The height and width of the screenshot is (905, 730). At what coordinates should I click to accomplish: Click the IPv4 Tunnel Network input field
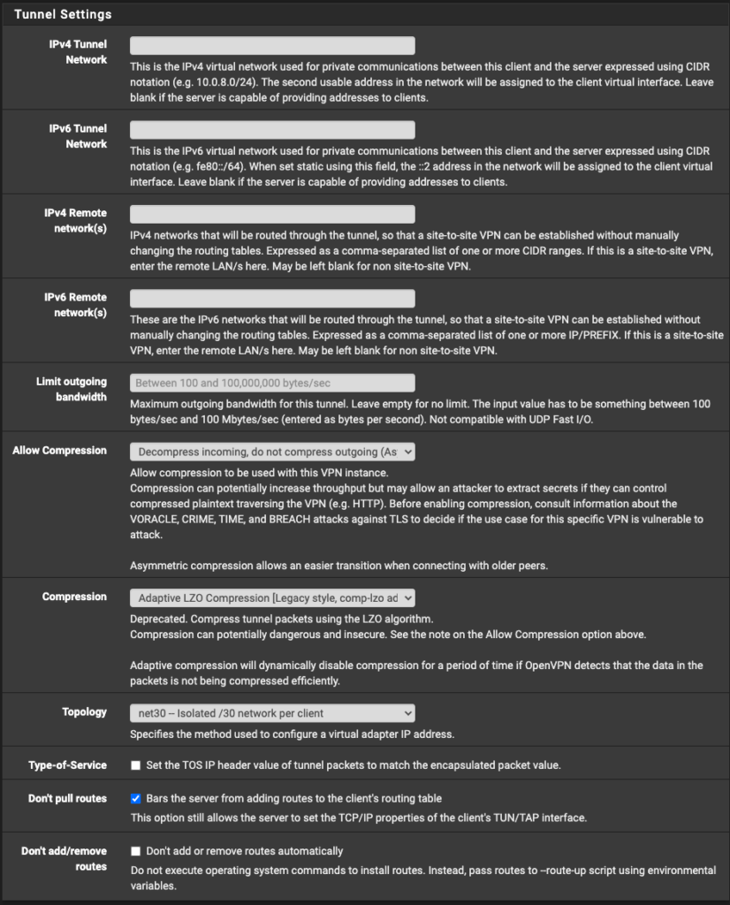272,46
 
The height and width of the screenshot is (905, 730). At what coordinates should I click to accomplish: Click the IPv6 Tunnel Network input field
272,130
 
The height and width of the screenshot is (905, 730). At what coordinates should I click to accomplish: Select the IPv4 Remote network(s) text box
272,214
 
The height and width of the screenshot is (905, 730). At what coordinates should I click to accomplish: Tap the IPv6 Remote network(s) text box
272,299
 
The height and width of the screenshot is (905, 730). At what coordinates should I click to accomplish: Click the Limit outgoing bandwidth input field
272,383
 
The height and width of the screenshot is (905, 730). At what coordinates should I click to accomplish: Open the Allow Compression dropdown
272,452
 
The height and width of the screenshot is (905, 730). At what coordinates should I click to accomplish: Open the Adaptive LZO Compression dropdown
272,598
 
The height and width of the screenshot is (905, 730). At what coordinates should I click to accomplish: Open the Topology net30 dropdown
272,713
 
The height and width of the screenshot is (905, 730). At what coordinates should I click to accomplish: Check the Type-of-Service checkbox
136,765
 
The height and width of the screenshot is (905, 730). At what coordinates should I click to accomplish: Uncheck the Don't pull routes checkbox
136,799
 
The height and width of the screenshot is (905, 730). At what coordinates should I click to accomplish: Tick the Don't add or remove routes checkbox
136,852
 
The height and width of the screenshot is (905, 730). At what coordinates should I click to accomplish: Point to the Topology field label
84,712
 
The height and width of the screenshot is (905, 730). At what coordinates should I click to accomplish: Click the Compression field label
74,597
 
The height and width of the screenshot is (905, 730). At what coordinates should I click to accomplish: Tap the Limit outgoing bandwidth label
72,390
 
